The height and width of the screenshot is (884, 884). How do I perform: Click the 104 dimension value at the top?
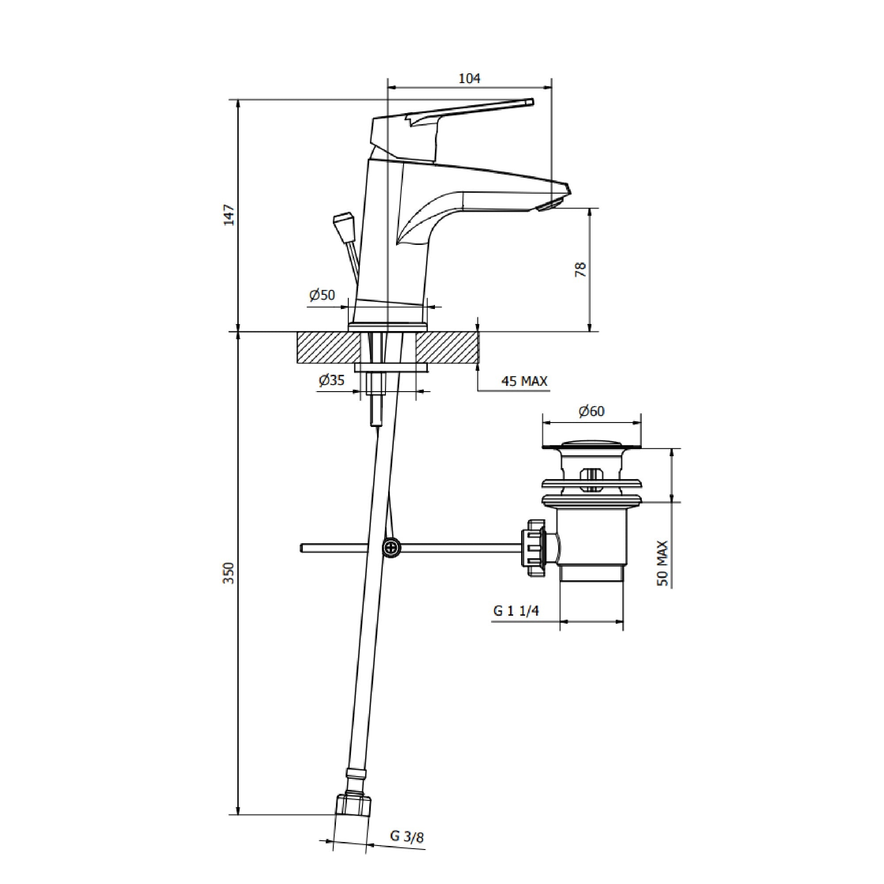click(469, 79)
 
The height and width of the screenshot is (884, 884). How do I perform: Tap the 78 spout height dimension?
click(580, 269)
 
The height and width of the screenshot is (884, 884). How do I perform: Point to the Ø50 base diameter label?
click(322, 295)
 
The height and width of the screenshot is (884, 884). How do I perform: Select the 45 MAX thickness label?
click(524, 381)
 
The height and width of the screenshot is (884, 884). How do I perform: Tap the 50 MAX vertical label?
click(663, 564)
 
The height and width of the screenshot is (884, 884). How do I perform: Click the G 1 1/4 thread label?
click(516, 611)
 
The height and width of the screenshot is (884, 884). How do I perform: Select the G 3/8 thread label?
click(407, 850)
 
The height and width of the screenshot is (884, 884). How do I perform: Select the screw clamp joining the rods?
click(391, 548)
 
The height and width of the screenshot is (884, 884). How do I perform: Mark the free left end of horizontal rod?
click(302, 548)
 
